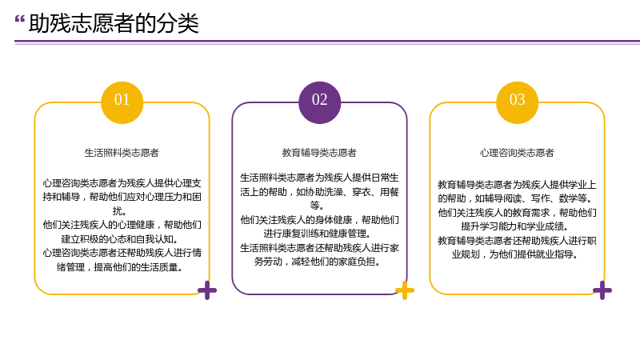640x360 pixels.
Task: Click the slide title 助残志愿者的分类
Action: [114, 23]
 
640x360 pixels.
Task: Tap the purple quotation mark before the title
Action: [19, 19]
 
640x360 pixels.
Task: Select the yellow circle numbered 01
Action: [122, 102]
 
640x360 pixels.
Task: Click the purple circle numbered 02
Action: [319, 102]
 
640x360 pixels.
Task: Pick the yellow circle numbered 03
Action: [517, 102]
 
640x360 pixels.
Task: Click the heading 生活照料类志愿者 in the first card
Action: [122, 153]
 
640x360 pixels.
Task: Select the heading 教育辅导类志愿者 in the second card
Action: [319, 153]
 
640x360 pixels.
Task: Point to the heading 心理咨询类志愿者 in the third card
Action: [517, 153]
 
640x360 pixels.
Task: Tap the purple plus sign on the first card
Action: [207, 290]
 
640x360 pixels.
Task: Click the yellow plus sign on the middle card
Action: [405, 290]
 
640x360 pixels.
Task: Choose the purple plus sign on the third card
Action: [602, 290]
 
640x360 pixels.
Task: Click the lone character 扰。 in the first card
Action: [119, 211]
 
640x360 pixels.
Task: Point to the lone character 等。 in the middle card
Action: [317, 206]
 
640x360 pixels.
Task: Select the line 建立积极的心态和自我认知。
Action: [119, 238]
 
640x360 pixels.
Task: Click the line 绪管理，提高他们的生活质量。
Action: [119, 267]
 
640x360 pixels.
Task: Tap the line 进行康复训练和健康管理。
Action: [317, 234]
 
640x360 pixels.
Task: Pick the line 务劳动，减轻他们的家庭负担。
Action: [317, 262]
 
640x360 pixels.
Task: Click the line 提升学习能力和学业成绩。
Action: [514, 226]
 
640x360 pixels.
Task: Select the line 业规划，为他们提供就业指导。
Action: [514, 254]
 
